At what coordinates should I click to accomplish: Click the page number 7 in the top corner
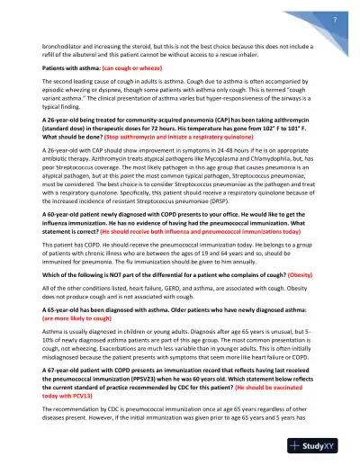click(x=333, y=19)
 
